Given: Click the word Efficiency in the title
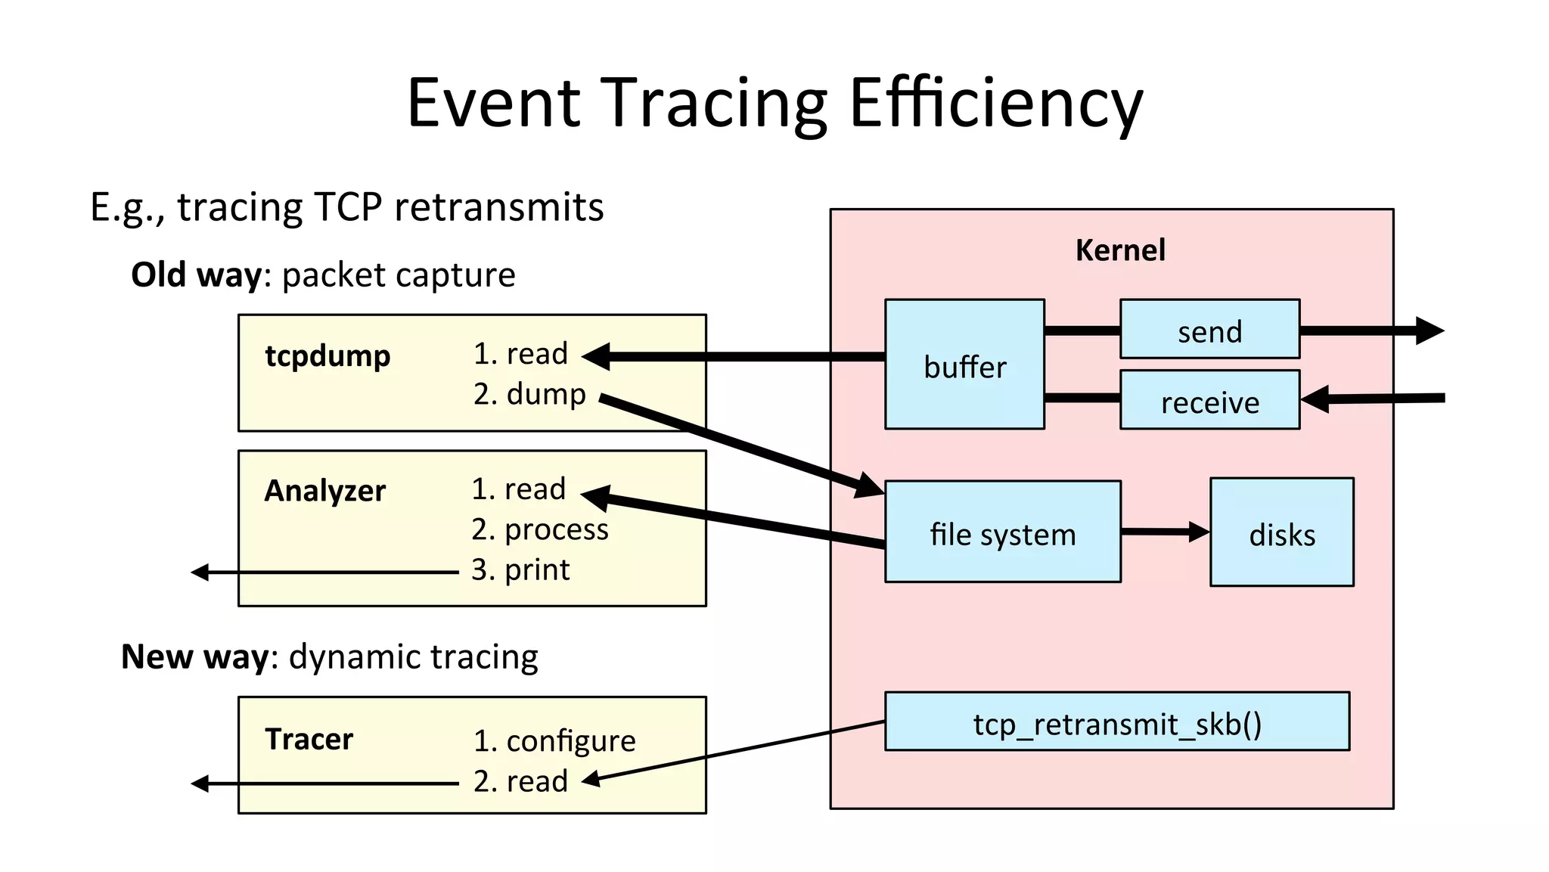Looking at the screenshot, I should [x=995, y=103].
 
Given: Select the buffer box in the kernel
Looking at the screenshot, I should [x=964, y=365].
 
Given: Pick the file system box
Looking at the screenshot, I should [x=1002, y=532].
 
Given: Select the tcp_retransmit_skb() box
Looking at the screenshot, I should [x=1116, y=722].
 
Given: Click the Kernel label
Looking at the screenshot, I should [x=1119, y=250].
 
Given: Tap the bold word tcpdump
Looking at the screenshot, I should [x=327, y=355].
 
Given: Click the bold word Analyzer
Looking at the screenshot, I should [x=324, y=491].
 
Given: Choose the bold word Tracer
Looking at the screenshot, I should [x=309, y=739].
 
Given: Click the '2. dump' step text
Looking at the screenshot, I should [x=529, y=394].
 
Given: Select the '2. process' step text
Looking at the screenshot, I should [x=539, y=529].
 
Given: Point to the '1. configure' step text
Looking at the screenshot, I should [x=554, y=740].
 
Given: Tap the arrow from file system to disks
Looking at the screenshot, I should [x=1164, y=532].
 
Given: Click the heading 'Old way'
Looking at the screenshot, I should [x=196, y=275].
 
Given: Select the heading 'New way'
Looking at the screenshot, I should [x=194, y=656].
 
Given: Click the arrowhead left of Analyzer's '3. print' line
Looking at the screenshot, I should [x=200, y=573].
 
